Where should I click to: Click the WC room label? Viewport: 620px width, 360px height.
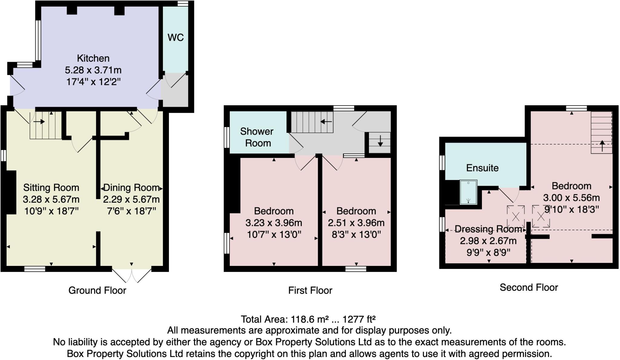[176, 38]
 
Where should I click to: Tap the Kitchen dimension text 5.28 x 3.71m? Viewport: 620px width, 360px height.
[93, 70]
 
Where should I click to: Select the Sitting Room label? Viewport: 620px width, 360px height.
[51, 188]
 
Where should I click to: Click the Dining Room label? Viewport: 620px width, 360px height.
[131, 188]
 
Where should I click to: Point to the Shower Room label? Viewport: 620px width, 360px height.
[257, 137]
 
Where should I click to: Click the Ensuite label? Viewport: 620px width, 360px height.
[482, 168]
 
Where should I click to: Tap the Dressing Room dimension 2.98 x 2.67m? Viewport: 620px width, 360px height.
[488, 241]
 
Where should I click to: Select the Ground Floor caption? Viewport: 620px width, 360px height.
[97, 290]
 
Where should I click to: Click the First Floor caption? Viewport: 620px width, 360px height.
[310, 290]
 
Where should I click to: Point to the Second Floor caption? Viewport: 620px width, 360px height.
[529, 287]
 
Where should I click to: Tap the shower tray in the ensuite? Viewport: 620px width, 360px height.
[468, 192]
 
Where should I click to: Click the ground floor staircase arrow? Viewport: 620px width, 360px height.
[39, 122]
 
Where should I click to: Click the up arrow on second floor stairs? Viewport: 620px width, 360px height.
[602, 146]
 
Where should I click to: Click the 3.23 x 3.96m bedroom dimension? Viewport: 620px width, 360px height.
[274, 223]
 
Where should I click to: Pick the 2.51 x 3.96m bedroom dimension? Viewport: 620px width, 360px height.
[356, 223]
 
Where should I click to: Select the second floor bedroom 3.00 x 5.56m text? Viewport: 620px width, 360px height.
[571, 198]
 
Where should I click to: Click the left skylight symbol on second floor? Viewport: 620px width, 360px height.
[516, 217]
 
